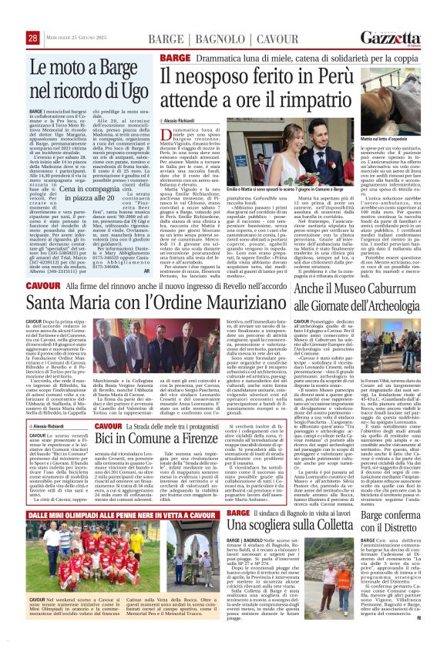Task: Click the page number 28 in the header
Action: coord(33,38)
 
